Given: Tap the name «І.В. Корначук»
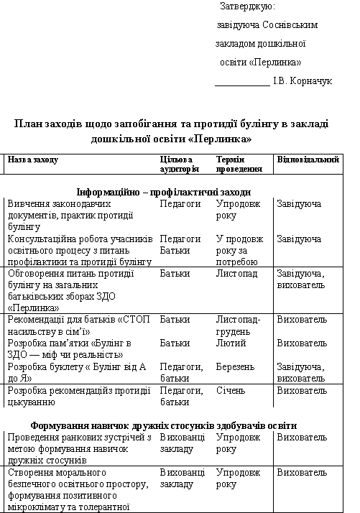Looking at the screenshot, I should [x=302, y=81].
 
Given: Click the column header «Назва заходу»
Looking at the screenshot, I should [x=32, y=160].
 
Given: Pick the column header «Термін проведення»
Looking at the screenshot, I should [x=239, y=165].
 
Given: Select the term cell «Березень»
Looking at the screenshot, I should [x=235, y=367].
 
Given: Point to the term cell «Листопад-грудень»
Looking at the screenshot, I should [x=238, y=325].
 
